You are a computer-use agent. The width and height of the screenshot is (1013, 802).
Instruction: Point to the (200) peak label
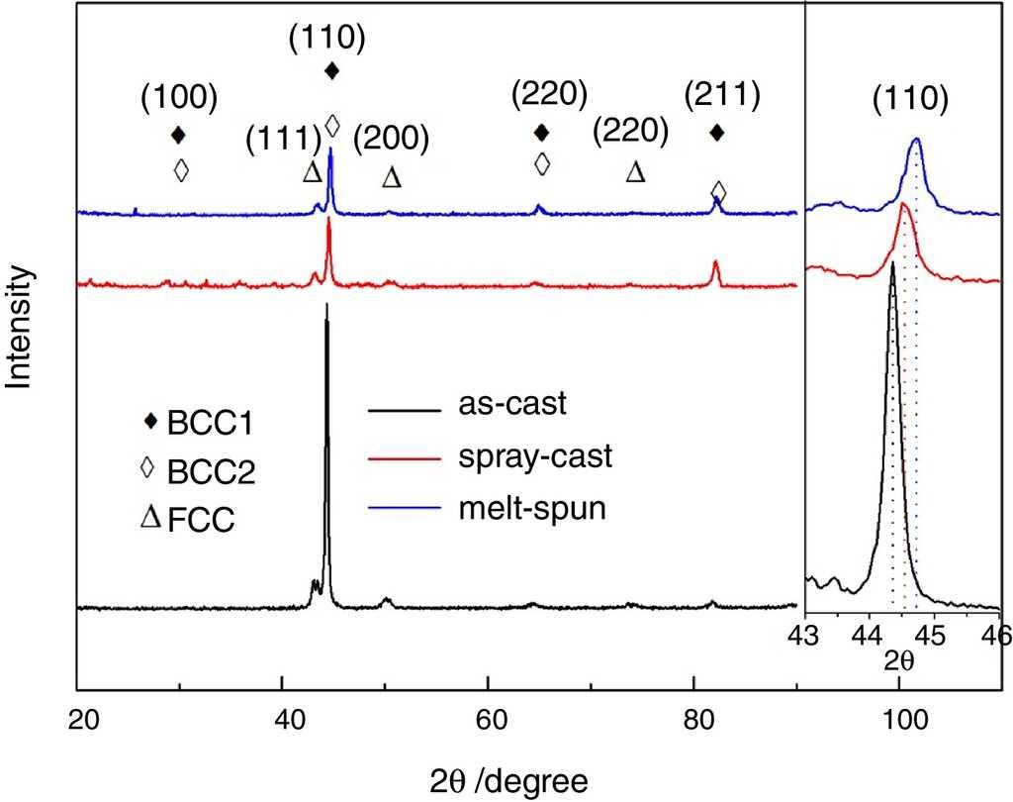392,139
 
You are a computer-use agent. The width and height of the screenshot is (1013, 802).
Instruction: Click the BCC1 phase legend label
210,423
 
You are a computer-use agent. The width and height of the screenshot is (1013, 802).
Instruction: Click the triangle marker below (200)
392,177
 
